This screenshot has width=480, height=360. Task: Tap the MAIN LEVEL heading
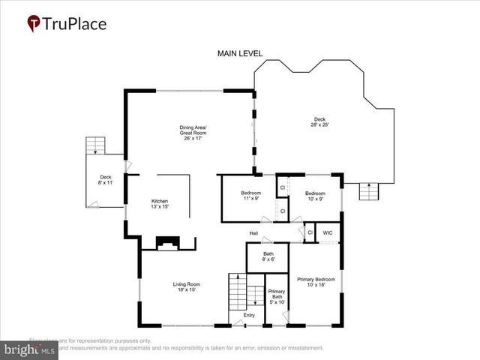coord(239,54)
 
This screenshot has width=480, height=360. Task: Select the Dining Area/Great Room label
coord(193,133)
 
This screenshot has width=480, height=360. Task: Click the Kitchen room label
coord(160,204)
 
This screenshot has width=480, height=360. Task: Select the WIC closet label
coord(328,233)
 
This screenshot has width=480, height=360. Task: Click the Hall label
coord(254,233)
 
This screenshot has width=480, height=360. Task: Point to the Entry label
coord(249,316)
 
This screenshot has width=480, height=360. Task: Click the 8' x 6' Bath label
coord(268,256)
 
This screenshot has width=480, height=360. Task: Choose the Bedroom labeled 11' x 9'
coord(250,196)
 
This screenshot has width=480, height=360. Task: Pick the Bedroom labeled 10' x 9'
coord(313,196)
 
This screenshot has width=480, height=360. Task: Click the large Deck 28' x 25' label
coord(319,121)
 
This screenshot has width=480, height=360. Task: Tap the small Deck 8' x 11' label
coord(106,180)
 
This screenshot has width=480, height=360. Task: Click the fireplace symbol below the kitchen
coord(167,243)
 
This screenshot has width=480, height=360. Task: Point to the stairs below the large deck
coord(368,192)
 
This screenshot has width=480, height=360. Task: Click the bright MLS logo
coord(30,349)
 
